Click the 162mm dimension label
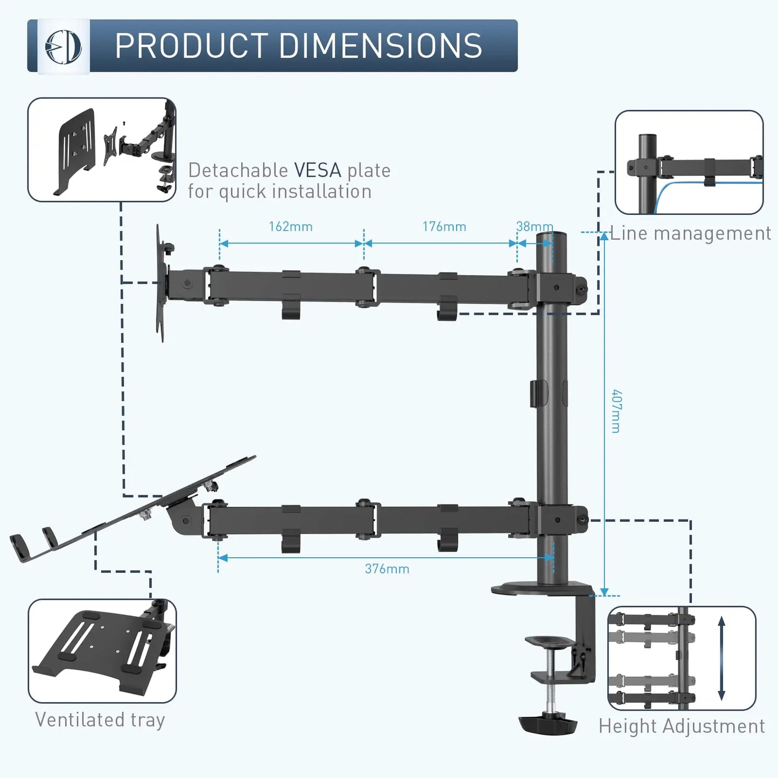[x=291, y=227]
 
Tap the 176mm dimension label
[x=444, y=227]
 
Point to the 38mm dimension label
[x=534, y=227]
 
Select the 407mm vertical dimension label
[x=616, y=411]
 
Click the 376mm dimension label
[x=387, y=569]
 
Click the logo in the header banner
[x=64, y=46]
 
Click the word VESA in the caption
[x=318, y=171]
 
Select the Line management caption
[x=690, y=234]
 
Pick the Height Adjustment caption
[x=682, y=726]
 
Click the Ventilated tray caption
[x=100, y=720]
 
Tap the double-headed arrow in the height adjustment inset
[x=721, y=658]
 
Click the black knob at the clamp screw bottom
[x=548, y=724]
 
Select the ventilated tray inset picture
[x=102, y=651]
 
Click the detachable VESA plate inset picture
[x=102, y=150]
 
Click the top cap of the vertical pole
[x=552, y=235]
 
